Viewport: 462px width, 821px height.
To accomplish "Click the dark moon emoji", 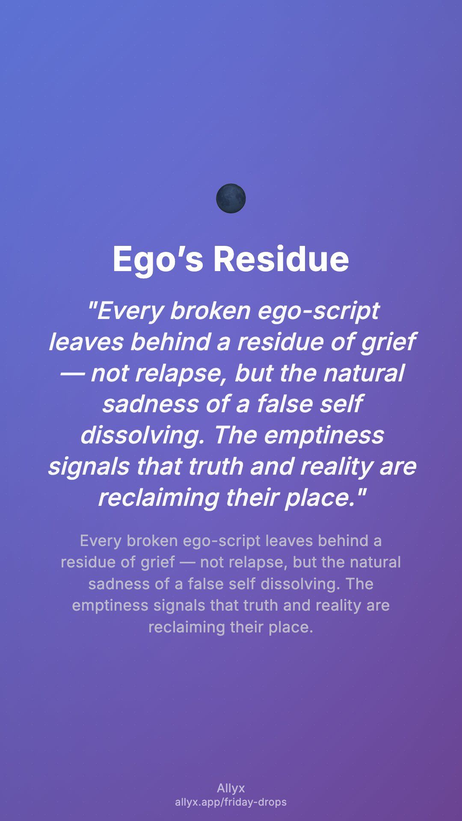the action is pos(231,198).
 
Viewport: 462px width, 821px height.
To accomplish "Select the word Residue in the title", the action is pos(281,259).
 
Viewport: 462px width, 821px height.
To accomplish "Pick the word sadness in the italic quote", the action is pos(150,404).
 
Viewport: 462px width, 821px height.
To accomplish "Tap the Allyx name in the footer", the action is pos(231,789).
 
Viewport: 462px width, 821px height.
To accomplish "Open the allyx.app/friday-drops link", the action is pos(231,802).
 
